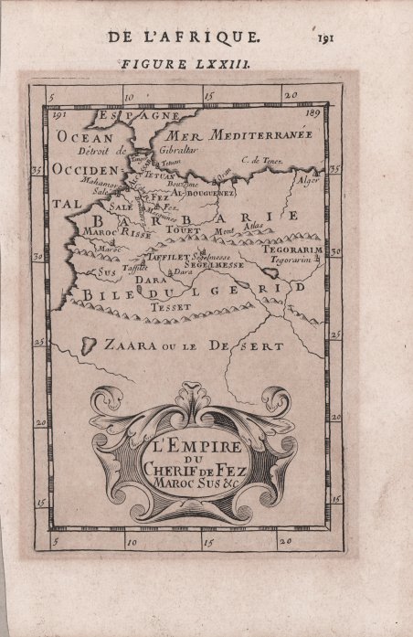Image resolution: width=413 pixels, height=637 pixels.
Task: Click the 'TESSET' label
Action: (172, 307)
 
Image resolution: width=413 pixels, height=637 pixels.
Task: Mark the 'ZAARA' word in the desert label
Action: (128, 346)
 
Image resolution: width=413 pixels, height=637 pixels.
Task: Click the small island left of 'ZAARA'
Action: (90, 344)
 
